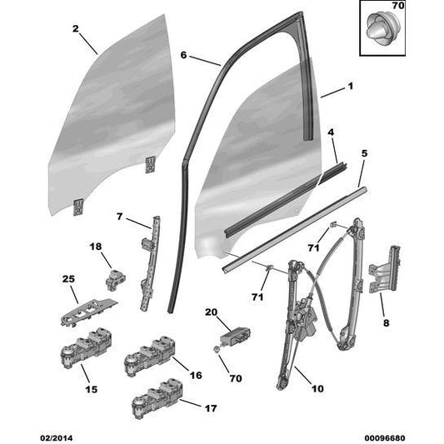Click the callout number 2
pyautogui.click(x=76, y=28)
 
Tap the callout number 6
pyautogui.click(x=184, y=55)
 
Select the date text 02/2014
pyautogui.click(x=56, y=438)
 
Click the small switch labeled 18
pyautogui.click(x=116, y=279)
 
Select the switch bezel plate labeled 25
pyautogui.click(x=89, y=312)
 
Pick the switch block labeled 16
pyautogui.click(x=150, y=357)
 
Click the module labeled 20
pyautogui.click(x=235, y=337)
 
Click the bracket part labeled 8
pyautogui.click(x=385, y=269)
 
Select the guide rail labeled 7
pyautogui.click(x=149, y=263)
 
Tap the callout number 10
pyautogui.click(x=317, y=388)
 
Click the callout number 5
pyautogui.click(x=364, y=153)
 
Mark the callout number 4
pyautogui.click(x=331, y=132)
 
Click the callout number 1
pyautogui.click(x=351, y=86)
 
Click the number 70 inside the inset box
pyautogui.click(x=398, y=5)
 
